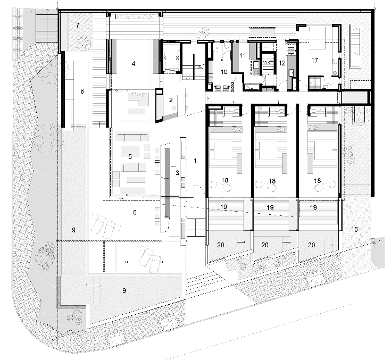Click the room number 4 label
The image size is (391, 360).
[x=134, y=64]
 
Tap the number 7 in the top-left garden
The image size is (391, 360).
[x=78, y=25]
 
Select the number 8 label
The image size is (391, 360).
[x=82, y=91]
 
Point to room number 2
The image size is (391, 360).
[x=171, y=100]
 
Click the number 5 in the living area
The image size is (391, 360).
[x=130, y=156]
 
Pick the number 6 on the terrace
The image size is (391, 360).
[x=135, y=212]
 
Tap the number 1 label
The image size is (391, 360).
[x=195, y=161]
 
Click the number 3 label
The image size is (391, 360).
[x=177, y=172]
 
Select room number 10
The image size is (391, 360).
[x=224, y=72]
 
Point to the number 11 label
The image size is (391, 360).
[x=243, y=55]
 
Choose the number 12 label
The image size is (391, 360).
[x=282, y=63]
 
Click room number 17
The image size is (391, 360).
[x=315, y=60]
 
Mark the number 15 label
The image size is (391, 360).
[x=354, y=229]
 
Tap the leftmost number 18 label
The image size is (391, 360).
[x=224, y=180]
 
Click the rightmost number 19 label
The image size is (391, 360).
[x=313, y=207]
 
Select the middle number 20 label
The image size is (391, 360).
[x=265, y=245]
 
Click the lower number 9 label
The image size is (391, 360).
[x=124, y=290]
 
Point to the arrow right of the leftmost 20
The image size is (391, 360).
[x=241, y=242]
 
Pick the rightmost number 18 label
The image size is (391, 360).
[x=317, y=180]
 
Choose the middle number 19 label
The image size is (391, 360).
[x=270, y=207]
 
